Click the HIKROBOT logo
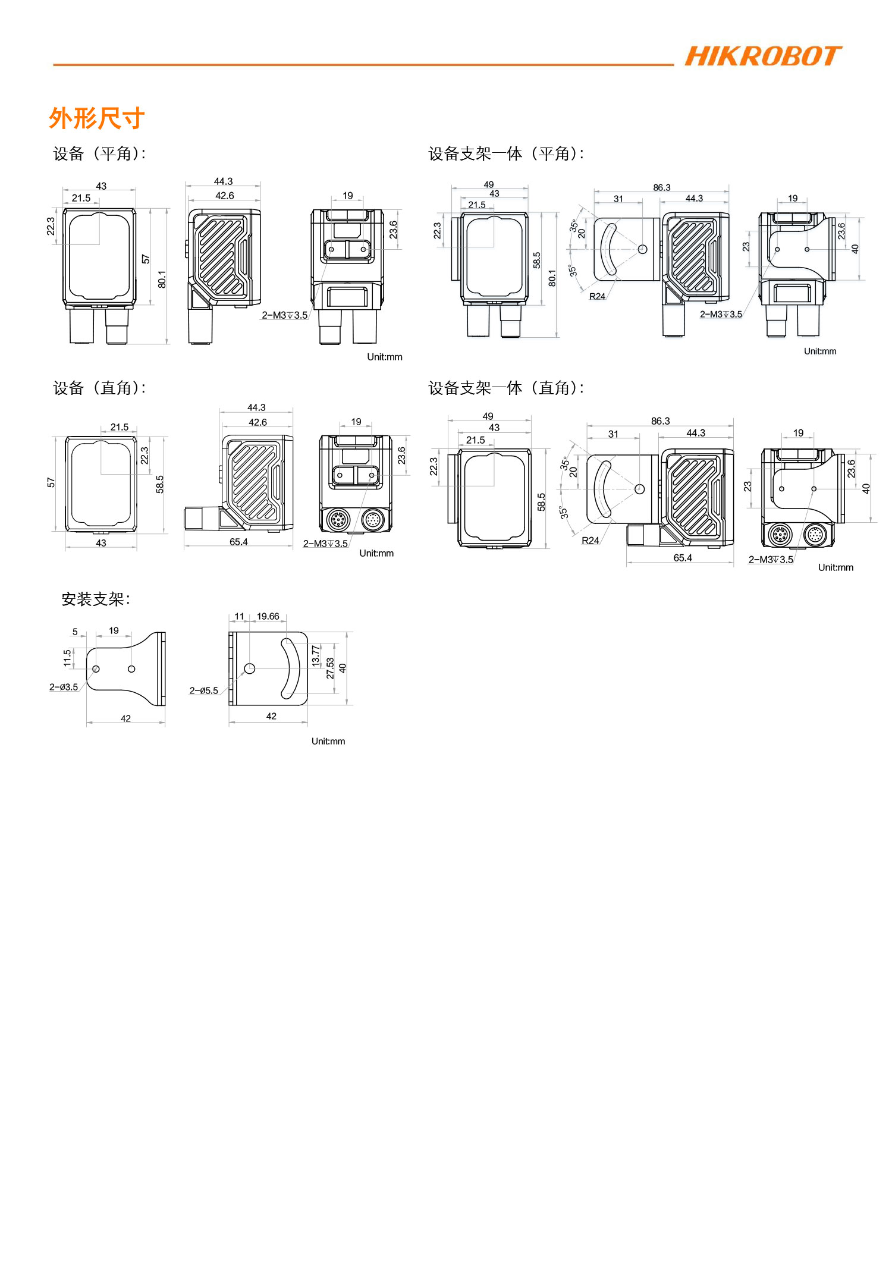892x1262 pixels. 763,56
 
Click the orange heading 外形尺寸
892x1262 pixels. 97,118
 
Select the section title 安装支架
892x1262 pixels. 96,599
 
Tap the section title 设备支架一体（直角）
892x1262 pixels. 507,388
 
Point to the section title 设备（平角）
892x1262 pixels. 99,153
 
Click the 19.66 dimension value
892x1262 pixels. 268,616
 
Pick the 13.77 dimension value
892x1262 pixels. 316,655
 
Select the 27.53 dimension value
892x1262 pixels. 330,668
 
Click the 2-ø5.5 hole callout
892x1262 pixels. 203,690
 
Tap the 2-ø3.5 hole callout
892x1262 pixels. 64,687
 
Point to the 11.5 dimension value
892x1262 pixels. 67,657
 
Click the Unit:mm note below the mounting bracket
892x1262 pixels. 328,741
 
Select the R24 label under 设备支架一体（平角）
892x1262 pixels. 597,296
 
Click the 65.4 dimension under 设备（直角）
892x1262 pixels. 238,542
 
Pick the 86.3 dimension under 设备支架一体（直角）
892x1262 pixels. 660,420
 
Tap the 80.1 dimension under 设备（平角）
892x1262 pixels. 162,279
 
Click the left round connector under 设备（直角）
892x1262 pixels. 337,520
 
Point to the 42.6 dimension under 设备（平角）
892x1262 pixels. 225,196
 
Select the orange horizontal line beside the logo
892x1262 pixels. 363,65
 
